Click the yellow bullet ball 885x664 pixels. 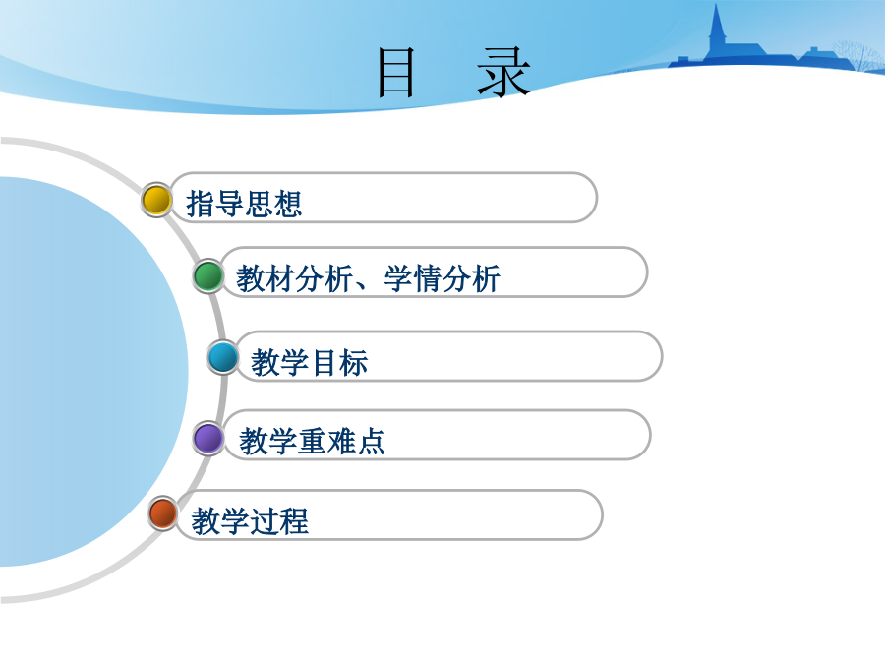[156, 200]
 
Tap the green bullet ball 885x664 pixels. [208, 276]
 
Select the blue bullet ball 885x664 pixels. [223, 357]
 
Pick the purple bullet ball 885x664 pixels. [208, 438]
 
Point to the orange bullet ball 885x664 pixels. [163, 513]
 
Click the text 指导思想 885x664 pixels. [244, 204]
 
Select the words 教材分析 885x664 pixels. [295, 278]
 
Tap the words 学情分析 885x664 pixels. [442, 278]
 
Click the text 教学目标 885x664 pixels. [310, 362]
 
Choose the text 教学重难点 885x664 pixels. [312, 441]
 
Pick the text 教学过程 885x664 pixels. [250, 520]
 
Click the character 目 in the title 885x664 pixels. [396, 73]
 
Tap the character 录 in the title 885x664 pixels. [504, 73]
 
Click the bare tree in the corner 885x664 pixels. [859, 55]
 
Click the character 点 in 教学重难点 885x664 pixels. [371, 441]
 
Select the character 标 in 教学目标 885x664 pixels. [354, 362]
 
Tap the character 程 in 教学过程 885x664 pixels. [295, 520]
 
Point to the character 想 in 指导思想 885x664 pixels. [288, 204]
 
